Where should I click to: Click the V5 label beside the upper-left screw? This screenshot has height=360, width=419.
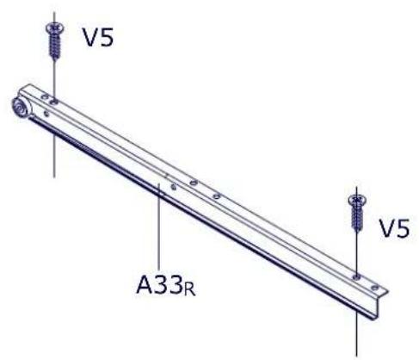pyautogui.click(x=98, y=37)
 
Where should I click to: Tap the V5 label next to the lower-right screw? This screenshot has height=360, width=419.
pyautogui.click(x=395, y=228)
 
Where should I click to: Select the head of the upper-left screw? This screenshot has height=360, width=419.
pyautogui.click(x=54, y=29)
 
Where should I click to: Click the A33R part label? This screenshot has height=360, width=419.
pyautogui.click(x=166, y=285)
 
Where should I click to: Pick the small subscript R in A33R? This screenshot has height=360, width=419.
pyautogui.click(x=190, y=290)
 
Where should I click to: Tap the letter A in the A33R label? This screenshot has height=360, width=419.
pyautogui.click(x=145, y=284)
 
